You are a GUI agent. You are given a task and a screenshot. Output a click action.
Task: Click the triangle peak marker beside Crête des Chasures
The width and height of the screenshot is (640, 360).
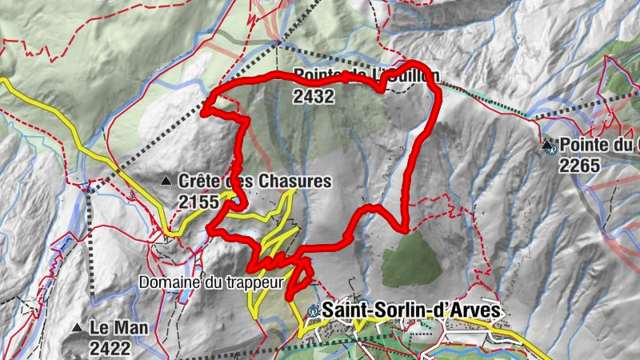tap(166, 182)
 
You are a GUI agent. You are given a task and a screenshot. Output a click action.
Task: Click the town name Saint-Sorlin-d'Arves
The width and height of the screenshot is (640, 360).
tap(412, 310)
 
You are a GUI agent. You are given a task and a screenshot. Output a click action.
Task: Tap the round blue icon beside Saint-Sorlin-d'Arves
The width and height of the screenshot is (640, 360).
tap(313, 310)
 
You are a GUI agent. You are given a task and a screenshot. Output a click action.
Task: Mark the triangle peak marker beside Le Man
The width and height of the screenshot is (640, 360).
tap(78, 328)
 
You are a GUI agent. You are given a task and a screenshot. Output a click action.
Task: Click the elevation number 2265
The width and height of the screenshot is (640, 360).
tap(579, 165)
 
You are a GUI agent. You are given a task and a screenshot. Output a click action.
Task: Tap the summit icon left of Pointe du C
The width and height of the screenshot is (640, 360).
tap(548, 146)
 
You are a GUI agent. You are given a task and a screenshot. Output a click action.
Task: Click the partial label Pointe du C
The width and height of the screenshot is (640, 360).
tap(600, 146)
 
